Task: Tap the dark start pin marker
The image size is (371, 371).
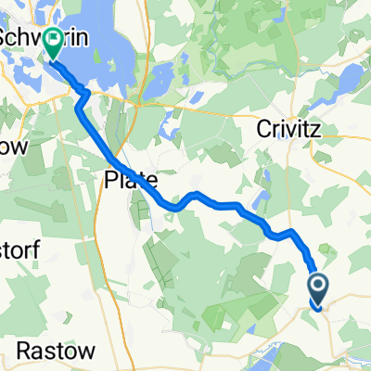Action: pos(316,291)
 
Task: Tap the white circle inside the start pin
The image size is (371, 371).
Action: pos(316,286)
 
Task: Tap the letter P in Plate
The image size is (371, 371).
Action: pos(110,179)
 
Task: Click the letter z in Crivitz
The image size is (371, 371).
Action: pos(313,132)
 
